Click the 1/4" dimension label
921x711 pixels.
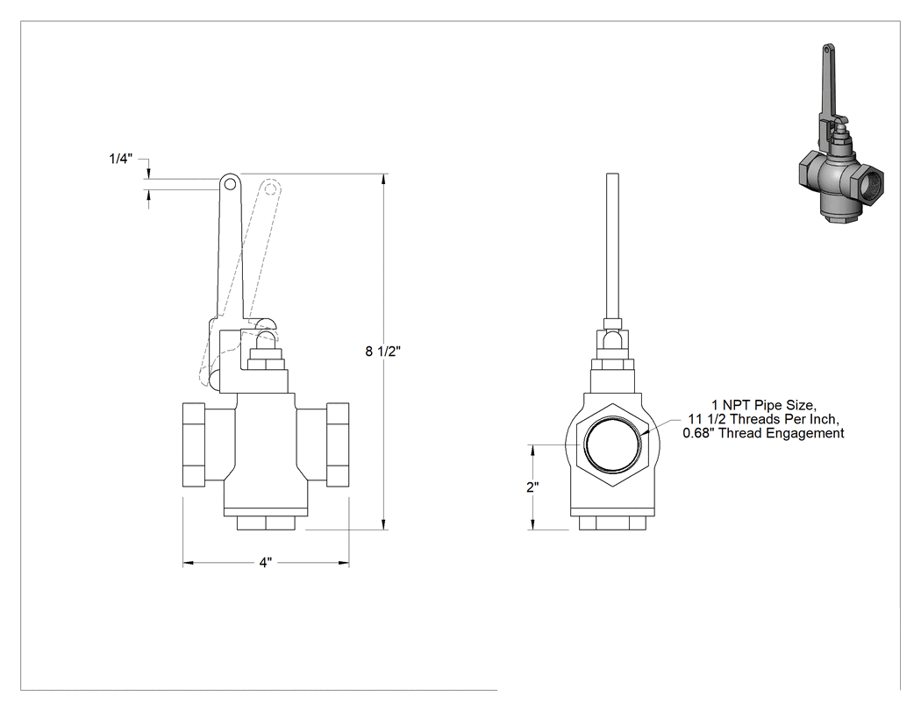point(121,159)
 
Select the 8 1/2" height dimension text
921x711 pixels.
point(383,352)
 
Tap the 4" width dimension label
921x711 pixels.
point(266,563)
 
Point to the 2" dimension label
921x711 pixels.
point(532,487)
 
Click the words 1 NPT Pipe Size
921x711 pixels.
point(764,405)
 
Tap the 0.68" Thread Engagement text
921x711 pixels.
point(764,433)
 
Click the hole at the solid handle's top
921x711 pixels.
point(230,184)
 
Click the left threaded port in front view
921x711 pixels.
point(194,444)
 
